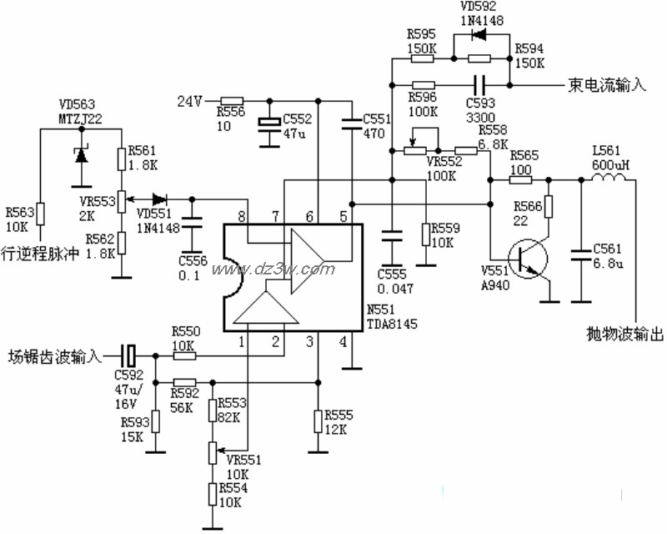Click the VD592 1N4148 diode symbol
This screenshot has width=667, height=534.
[x=478, y=35]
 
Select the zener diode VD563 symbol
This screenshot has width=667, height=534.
[x=81, y=154]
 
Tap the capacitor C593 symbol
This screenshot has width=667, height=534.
[x=479, y=84]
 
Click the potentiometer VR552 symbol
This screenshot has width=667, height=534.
[x=414, y=150]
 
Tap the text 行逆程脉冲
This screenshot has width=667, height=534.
[x=40, y=251]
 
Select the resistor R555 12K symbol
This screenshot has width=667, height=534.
[x=317, y=421]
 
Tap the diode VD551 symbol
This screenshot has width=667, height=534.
[x=157, y=199]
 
